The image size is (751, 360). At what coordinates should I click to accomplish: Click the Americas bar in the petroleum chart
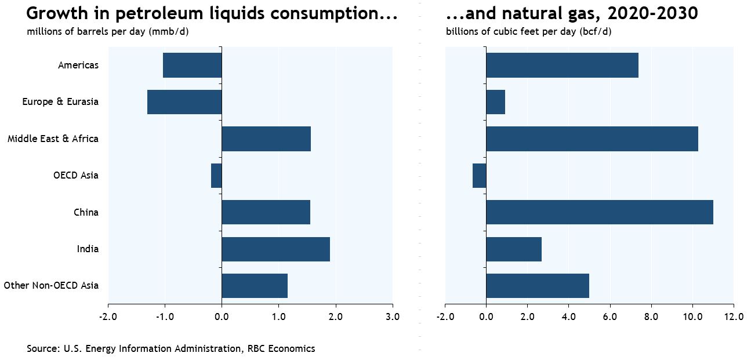192,65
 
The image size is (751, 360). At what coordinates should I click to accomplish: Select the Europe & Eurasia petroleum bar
184,102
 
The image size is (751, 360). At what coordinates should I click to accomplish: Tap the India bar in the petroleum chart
275,249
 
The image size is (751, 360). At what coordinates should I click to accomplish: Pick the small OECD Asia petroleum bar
216,175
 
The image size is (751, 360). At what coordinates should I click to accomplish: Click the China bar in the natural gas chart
599,212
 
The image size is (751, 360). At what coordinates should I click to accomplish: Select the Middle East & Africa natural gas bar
592,139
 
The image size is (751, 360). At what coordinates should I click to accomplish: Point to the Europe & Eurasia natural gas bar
495,102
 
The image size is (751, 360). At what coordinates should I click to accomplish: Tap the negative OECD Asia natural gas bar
480,175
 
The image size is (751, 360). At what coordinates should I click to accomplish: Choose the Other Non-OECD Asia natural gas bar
538,286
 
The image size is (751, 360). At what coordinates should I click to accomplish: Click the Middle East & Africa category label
53,139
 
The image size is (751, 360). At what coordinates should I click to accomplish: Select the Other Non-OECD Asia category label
51,286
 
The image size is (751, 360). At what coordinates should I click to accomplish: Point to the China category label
86,212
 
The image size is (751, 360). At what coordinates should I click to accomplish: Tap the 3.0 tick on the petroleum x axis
393,317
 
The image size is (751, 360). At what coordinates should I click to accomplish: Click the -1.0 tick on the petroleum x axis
164,317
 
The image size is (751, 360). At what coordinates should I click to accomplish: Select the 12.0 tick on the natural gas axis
734,317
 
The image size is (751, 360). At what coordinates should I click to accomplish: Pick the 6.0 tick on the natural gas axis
609,317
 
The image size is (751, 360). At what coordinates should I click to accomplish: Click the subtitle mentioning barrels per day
107,31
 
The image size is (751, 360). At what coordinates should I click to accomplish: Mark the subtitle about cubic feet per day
528,31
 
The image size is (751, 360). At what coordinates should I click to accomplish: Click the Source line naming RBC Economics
170,348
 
